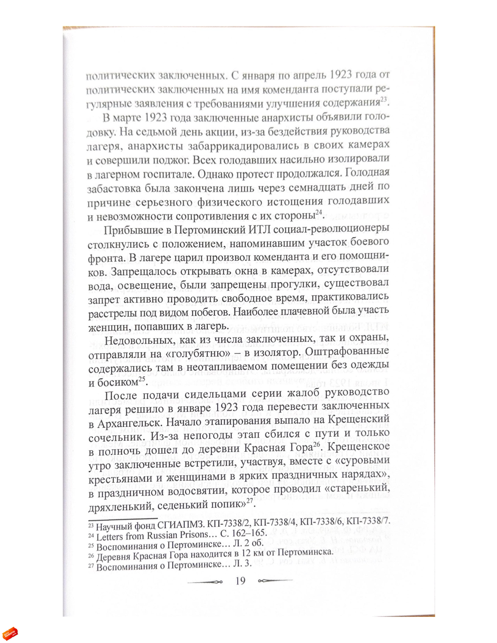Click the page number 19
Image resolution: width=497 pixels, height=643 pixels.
pos(240,581)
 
